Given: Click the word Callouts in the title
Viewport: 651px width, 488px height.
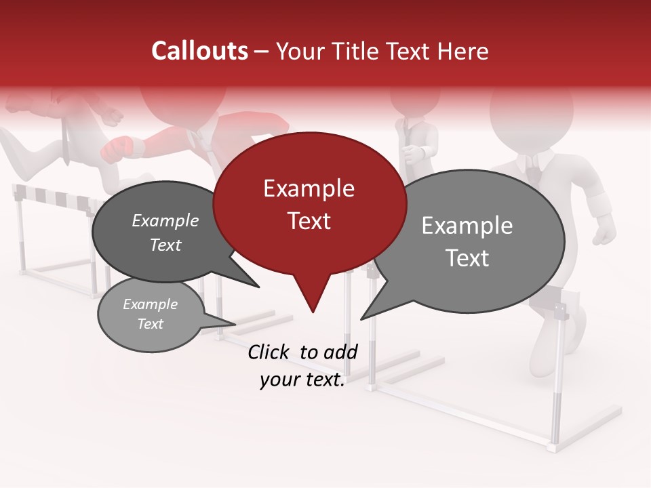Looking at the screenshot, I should (x=199, y=51).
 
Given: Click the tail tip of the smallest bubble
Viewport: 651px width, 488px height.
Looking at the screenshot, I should (x=233, y=323).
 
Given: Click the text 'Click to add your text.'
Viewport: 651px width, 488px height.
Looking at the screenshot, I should (x=302, y=366).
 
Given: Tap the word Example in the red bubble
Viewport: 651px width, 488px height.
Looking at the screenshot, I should (x=309, y=188).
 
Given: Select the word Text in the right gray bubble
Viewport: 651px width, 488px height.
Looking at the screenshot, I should (x=467, y=258).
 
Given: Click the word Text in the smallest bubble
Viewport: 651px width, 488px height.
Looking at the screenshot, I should (x=150, y=324).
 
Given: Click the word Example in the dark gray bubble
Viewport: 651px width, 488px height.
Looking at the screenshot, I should (x=165, y=221).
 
